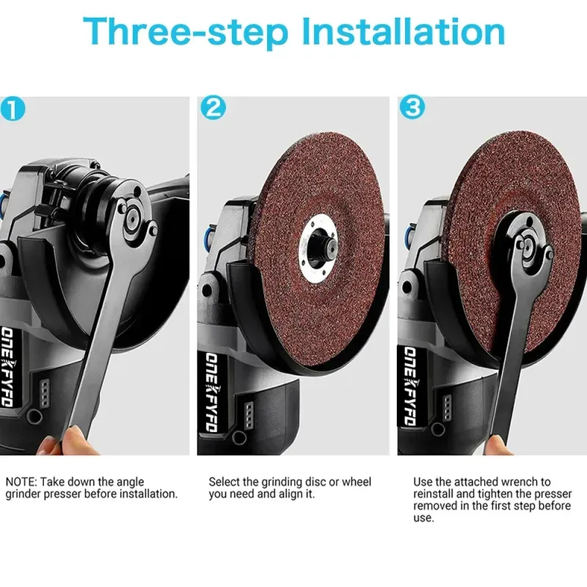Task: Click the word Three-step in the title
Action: [186, 32]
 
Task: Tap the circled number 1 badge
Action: [12, 109]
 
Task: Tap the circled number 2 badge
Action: [213, 108]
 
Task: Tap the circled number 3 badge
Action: [412, 107]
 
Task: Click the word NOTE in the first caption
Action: [21, 482]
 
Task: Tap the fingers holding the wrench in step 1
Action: [65, 441]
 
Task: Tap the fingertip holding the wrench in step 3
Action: [499, 445]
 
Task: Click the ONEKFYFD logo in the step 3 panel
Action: [410, 386]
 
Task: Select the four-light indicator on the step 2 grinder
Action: [249, 416]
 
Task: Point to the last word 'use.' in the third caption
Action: [423, 519]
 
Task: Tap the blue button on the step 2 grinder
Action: [207, 236]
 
